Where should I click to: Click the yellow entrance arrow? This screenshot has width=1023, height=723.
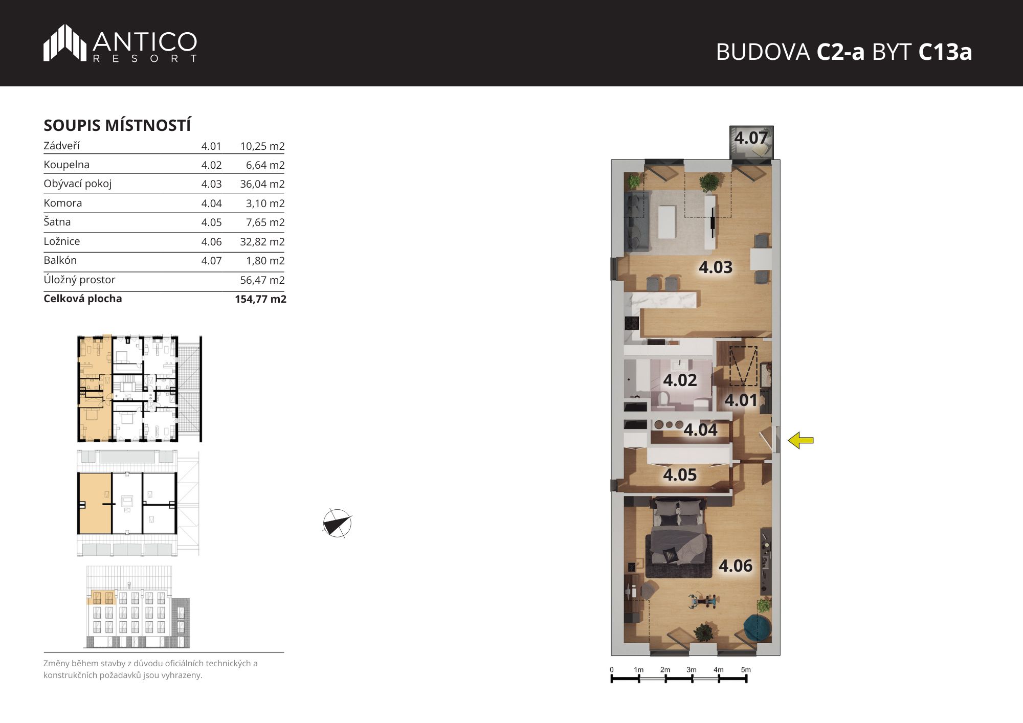(x=800, y=440)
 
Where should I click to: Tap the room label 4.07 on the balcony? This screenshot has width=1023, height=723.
(x=751, y=138)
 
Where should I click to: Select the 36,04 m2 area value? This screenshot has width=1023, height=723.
(x=262, y=184)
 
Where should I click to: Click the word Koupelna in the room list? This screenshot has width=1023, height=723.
(x=66, y=165)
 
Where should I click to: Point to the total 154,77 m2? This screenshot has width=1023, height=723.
(x=260, y=299)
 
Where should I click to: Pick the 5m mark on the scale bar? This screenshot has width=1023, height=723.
(x=746, y=670)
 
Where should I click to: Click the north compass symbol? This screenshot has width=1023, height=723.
(x=337, y=524)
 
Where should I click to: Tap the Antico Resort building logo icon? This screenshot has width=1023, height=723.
(x=65, y=42)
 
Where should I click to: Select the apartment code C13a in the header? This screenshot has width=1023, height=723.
(x=945, y=52)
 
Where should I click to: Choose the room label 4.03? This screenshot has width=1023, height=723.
(x=716, y=267)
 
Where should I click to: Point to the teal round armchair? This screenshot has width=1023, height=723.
(x=757, y=628)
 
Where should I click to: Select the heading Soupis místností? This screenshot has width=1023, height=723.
(x=117, y=125)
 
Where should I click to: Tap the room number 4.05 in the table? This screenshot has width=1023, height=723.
(x=211, y=222)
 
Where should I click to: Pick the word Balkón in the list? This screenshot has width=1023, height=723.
(x=60, y=260)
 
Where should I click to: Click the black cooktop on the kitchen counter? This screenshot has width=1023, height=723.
(x=631, y=324)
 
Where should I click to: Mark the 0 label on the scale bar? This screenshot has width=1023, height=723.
(x=612, y=670)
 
